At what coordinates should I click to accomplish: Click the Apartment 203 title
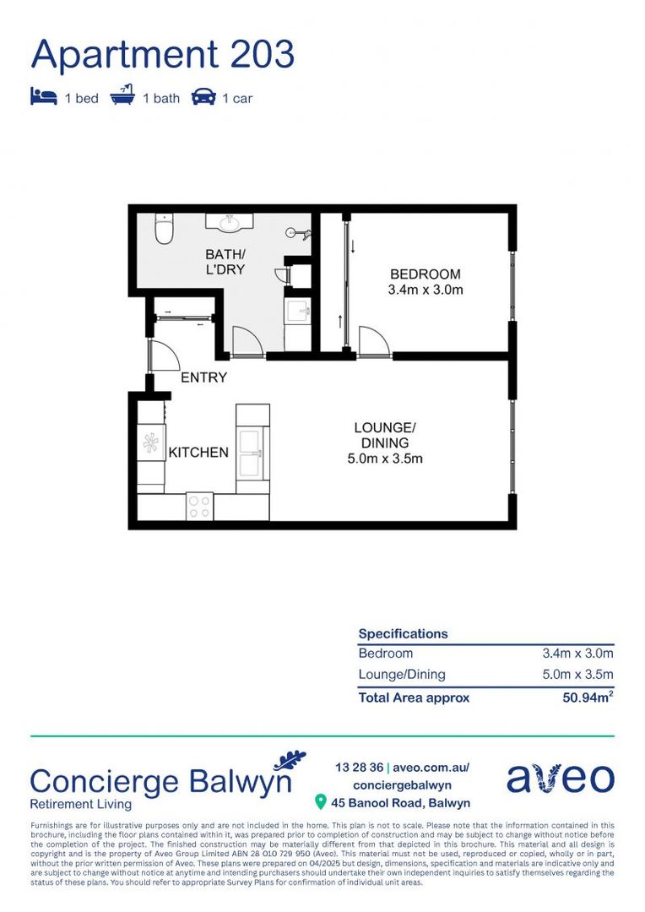click(162, 55)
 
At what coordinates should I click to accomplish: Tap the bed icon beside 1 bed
click(43, 97)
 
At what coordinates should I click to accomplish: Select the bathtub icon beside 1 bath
click(122, 96)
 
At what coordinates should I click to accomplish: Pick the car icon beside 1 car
click(203, 97)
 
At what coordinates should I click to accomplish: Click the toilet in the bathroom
click(164, 229)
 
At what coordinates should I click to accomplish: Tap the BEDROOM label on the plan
click(425, 274)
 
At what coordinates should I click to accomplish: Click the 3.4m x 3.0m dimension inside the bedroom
click(425, 290)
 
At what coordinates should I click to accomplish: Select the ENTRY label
click(203, 377)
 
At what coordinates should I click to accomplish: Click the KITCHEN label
click(198, 453)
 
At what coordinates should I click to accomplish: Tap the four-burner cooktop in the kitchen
click(200, 507)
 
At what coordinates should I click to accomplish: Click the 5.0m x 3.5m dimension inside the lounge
click(384, 459)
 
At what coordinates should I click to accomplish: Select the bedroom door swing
click(372, 343)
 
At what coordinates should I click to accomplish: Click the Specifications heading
click(403, 633)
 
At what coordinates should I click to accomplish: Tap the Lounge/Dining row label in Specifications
click(402, 675)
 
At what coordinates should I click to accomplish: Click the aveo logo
click(561, 779)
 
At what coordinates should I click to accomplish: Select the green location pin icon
click(321, 801)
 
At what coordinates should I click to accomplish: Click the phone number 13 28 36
click(360, 768)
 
